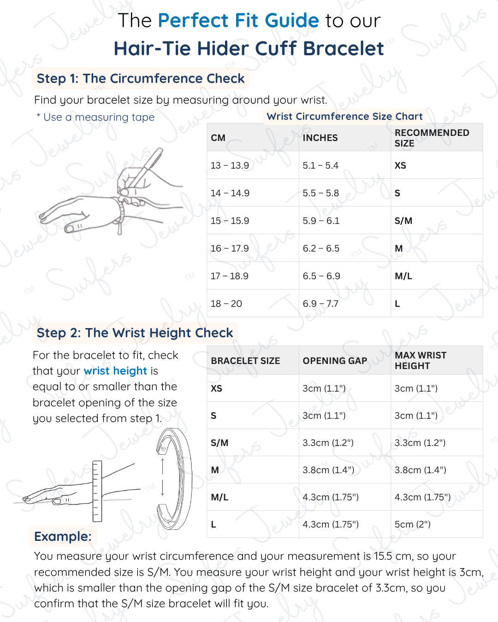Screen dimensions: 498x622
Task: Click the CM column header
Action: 218,138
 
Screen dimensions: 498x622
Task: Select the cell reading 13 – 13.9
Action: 230,165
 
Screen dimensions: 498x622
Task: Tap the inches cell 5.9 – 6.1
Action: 321,221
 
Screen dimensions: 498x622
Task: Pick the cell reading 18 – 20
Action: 226,304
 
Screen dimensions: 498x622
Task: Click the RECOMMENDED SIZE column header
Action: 432,138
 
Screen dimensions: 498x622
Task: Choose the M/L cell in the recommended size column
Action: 403,276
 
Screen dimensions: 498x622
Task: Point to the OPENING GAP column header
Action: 335,361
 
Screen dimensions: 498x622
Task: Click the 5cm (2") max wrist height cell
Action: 413,524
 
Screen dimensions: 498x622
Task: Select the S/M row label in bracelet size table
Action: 219,443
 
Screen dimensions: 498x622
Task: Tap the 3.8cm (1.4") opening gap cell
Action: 328,470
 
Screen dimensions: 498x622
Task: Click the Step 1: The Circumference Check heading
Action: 141,79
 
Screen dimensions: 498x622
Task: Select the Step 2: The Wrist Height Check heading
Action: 135,333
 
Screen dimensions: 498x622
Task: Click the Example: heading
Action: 63,536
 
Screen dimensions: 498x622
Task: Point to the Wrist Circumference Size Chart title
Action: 344,117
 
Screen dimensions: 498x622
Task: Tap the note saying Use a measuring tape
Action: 96,117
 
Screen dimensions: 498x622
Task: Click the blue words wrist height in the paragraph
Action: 115,371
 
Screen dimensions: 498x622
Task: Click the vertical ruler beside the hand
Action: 97,491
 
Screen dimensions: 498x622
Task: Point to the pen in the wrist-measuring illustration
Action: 144,169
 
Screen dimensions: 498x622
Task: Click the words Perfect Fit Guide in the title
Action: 238,21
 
